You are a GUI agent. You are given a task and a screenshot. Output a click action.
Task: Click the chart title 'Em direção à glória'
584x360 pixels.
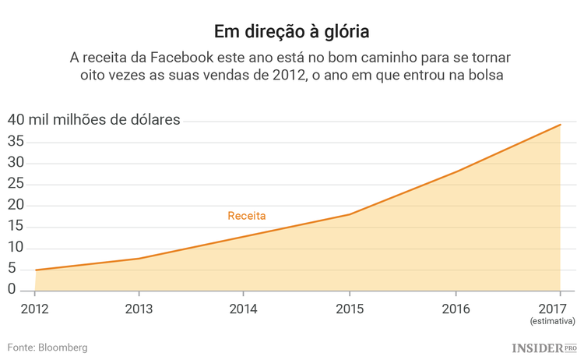[x=292, y=32]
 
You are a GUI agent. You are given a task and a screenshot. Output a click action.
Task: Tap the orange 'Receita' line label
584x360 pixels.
[x=246, y=216]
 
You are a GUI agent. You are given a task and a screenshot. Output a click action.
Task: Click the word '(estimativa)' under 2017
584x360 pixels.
[x=552, y=320]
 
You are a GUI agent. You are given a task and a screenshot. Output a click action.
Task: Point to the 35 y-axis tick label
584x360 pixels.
[x=16, y=142]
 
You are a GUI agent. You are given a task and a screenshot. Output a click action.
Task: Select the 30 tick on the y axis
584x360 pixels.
[x=16, y=163]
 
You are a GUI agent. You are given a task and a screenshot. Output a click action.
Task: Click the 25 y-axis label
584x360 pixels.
[x=16, y=184]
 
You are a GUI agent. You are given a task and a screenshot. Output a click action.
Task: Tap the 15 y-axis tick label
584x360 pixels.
[x=16, y=227]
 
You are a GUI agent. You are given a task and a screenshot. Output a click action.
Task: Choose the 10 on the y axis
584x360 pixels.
[x=16, y=248]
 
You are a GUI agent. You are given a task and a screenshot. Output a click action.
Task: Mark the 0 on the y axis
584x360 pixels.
[x=12, y=289]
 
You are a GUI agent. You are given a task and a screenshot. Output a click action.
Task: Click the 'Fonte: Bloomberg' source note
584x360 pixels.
[x=47, y=347]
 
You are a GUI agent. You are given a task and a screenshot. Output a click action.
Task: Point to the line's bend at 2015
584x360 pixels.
[x=349, y=214]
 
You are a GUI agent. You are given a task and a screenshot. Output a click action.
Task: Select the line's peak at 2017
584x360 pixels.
[x=560, y=125]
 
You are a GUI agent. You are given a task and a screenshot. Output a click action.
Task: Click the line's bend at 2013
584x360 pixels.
[x=139, y=258]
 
